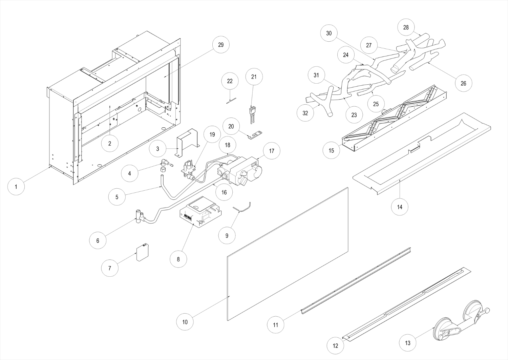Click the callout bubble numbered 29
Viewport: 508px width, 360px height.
(x=221, y=45)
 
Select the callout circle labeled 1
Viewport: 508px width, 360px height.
(x=16, y=186)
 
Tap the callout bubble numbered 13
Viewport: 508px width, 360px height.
(x=408, y=343)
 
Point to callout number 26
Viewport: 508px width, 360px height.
(x=463, y=83)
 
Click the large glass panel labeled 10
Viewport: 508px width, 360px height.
(x=288, y=254)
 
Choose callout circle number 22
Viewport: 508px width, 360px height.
(x=230, y=81)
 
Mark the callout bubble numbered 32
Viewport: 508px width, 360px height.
(x=305, y=113)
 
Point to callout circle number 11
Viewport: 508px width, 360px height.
(x=276, y=325)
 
